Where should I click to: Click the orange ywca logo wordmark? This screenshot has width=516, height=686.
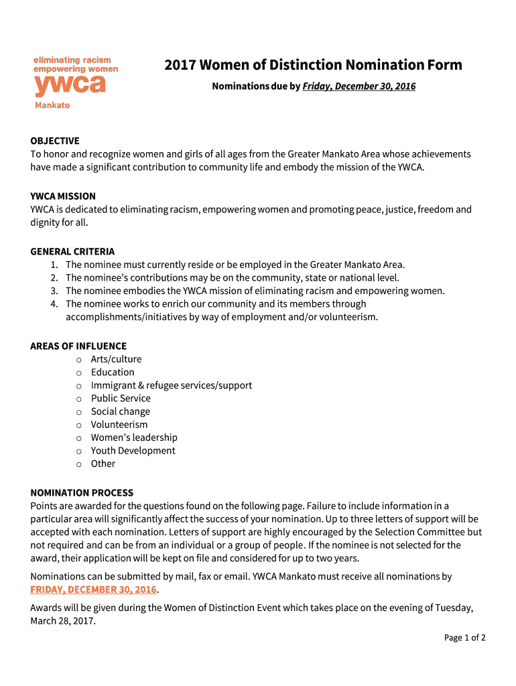tap(70, 86)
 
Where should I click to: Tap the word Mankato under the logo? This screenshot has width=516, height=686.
tap(52, 105)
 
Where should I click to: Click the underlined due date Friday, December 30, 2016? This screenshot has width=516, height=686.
tap(359, 86)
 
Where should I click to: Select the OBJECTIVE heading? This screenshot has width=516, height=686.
tap(55, 141)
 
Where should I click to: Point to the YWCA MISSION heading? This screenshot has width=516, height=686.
tap(63, 196)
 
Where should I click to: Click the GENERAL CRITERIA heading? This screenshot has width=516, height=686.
tap(72, 252)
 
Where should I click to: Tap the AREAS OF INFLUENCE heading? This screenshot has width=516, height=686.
tap(78, 346)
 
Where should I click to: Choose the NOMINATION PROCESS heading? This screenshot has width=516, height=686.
tap(82, 493)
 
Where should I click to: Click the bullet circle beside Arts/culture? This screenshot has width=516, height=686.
tap(78, 360)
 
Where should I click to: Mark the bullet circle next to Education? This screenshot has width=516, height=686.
tap(78, 373)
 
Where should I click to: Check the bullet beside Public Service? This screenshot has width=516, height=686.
tap(78, 399)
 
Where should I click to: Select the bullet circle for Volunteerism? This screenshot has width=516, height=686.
tap(78, 425)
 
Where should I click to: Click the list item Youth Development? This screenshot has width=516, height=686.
tap(133, 451)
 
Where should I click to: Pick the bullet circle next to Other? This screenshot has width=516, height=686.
tap(78, 464)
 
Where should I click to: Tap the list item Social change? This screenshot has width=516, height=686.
tap(121, 412)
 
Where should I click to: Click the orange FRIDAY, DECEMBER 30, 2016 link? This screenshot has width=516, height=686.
tap(93, 590)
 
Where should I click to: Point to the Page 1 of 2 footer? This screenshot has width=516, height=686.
tap(464, 638)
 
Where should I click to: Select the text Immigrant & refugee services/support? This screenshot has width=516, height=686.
tap(172, 386)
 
